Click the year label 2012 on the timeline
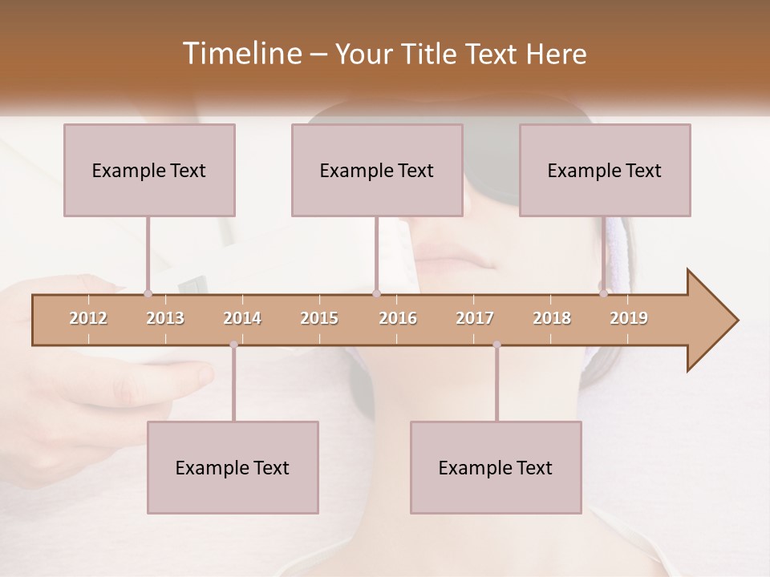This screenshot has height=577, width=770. point(88,318)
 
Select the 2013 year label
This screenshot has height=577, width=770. point(165,318)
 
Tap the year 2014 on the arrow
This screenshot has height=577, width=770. point(242,318)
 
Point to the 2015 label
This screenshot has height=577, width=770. point(319,318)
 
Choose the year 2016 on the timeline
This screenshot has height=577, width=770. point(398,318)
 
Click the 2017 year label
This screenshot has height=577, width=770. point(475,318)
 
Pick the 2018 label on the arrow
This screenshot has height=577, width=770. point(552,318)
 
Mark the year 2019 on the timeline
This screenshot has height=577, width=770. point(629,318)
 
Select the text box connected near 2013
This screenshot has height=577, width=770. point(149,170)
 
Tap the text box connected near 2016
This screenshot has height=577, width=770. point(377,170)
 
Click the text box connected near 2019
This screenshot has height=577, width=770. point(605,170)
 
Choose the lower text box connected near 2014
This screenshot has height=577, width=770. point(233,467)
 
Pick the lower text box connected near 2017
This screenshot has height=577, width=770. point(496,467)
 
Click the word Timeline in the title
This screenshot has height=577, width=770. point(241,54)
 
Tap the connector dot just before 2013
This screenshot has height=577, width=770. point(148,293)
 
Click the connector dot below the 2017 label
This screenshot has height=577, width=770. point(496,345)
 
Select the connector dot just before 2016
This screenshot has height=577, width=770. point(376,293)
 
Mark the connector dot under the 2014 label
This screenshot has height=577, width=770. point(233,345)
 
